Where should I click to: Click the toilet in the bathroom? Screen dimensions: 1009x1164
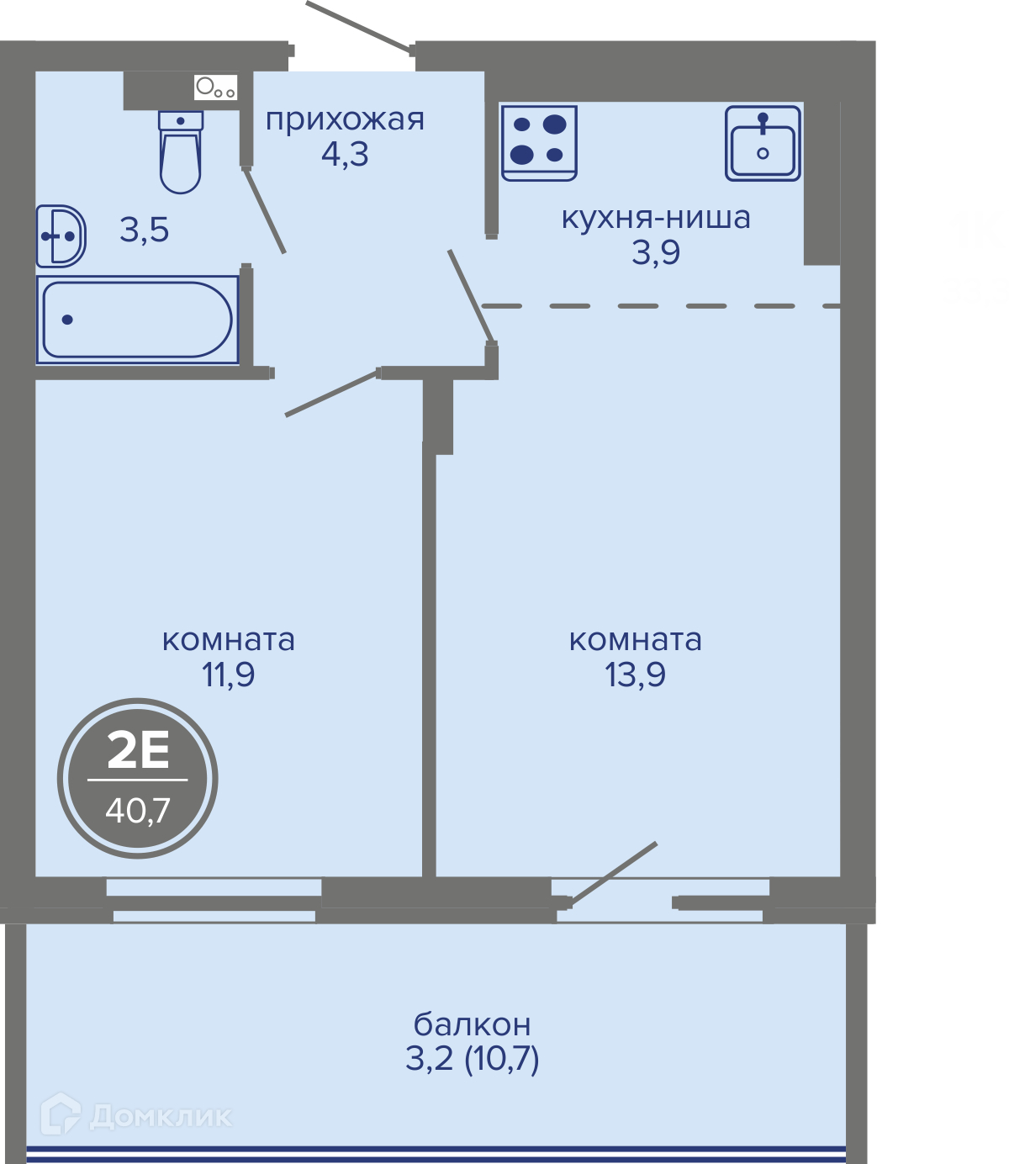pos(181,152)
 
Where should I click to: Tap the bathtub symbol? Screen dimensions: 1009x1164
pos(137,320)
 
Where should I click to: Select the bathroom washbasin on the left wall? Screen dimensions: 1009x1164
pos(61,236)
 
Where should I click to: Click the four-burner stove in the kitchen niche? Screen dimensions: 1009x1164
pos(539,143)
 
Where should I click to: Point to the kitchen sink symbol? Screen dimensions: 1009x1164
pos(763,143)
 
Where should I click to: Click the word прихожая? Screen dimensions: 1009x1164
pos(345,120)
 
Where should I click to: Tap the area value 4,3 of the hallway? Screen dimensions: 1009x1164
pos(345,154)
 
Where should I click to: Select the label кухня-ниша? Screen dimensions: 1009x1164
pos(656,217)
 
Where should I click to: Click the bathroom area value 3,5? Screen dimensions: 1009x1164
pos(144,230)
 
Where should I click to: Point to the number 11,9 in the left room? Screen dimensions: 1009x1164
pos(228,674)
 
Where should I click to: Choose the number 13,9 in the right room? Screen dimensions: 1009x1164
pos(635,674)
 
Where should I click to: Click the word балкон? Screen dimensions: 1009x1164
pos(472,1024)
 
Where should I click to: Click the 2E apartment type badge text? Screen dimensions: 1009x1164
pos(138,753)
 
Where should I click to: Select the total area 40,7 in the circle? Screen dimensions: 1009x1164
pos(138,812)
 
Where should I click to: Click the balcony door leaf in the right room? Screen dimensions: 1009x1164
pos(613,875)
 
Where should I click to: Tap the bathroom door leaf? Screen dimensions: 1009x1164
pos(264,210)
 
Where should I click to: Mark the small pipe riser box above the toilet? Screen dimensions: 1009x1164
pos(215,87)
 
